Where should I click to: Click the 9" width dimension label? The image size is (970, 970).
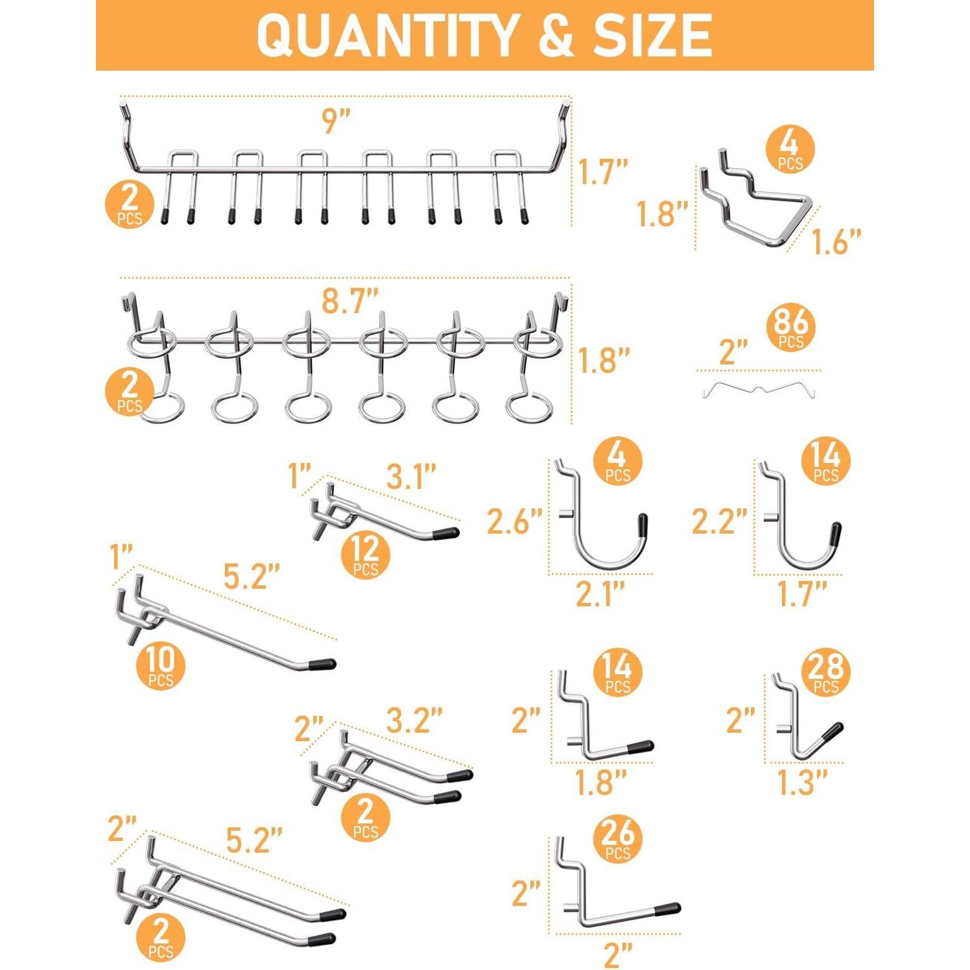pyautogui.click(x=337, y=121)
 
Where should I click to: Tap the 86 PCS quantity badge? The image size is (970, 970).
pyautogui.click(x=790, y=327)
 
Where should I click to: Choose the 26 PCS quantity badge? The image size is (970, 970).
pyautogui.click(x=617, y=839)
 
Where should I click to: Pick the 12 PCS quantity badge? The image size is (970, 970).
pyautogui.click(x=366, y=556)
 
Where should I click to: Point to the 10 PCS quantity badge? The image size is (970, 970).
pyautogui.click(x=160, y=666)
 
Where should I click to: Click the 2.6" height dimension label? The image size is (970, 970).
pyautogui.click(x=514, y=522)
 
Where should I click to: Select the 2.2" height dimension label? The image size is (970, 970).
pyautogui.click(x=719, y=522)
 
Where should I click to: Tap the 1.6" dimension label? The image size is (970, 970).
pyautogui.click(x=836, y=242)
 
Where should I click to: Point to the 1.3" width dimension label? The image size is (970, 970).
pyautogui.click(x=803, y=783)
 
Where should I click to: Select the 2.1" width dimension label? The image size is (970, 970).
pyautogui.click(x=600, y=594)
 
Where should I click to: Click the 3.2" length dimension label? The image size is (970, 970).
pyautogui.click(x=414, y=720)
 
